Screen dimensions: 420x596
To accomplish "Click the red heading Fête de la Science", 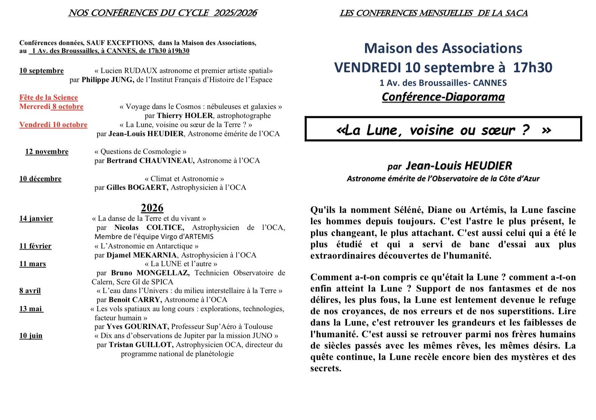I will coord(48,98).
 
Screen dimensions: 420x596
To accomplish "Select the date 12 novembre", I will coord(47,152).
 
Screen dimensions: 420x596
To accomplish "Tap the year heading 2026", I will coord(152,208).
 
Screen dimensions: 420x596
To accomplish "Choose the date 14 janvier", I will coord(36,219).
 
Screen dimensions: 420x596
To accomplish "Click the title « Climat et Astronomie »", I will coord(184,179).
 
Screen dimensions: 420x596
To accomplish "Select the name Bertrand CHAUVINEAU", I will coord(150,161).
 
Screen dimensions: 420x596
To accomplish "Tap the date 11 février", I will coord(36,246).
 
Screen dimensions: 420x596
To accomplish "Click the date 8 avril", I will coord(30,291).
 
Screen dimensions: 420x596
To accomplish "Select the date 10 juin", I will coord(31,336).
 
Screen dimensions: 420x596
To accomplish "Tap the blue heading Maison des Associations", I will coord(443,48).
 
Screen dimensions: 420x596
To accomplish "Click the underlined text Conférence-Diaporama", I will coord(443,97).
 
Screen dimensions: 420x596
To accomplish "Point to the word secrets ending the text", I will coord(325,368).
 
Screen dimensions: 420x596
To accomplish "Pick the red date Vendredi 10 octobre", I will coord(53,125).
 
